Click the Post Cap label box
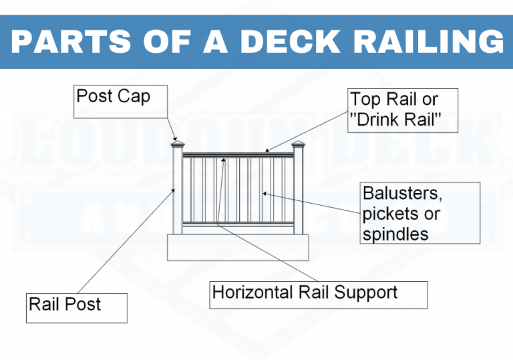(113, 100)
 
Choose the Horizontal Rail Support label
(318, 295)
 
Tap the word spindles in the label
(395, 234)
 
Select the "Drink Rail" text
(393, 120)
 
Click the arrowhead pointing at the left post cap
(174, 136)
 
